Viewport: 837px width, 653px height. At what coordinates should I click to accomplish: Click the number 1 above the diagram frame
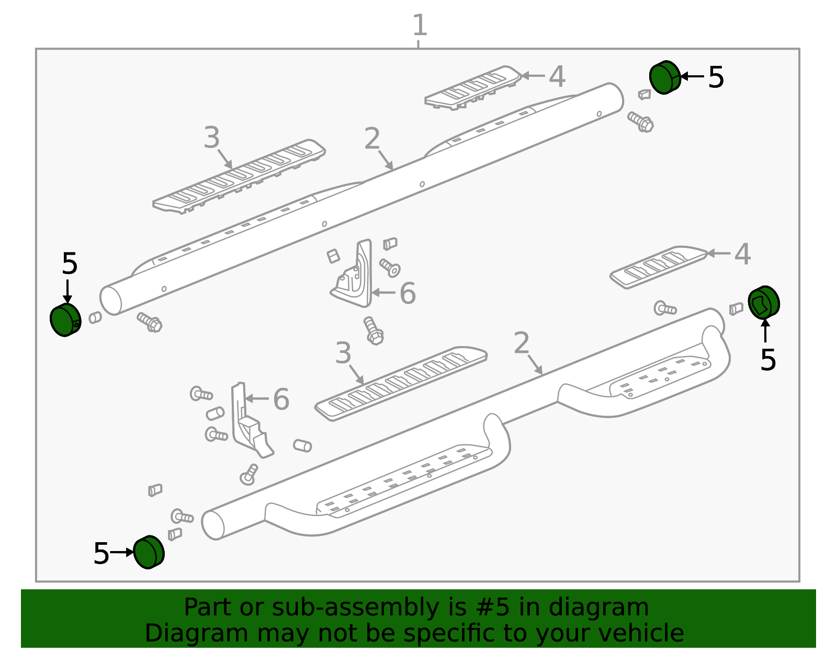click(420, 25)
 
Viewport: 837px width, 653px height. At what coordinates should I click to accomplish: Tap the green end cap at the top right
click(665, 77)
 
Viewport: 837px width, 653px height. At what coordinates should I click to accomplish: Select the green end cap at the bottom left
click(149, 552)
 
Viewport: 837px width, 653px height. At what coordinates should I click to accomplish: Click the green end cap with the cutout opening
click(764, 302)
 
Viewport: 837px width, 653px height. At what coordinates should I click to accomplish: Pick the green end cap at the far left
click(65, 319)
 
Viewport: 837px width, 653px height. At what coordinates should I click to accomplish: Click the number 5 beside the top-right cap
click(716, 77)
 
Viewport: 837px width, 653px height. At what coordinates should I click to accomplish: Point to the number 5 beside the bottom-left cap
click(101, 553)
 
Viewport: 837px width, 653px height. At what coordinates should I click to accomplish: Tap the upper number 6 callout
click(408, 293)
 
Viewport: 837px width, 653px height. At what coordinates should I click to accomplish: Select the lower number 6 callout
click(281, 399)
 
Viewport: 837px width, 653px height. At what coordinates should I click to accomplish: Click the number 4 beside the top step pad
click(557, 76)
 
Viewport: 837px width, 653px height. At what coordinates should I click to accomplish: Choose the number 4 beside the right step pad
click(743, 254)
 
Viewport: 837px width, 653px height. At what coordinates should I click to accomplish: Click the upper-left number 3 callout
click(211, 138)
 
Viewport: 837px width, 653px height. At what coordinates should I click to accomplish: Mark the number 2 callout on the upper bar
click(372, 138)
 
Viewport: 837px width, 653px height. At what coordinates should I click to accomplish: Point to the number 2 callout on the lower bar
click(522, 342)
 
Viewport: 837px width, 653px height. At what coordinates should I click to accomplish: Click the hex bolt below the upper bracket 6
click(373, 331)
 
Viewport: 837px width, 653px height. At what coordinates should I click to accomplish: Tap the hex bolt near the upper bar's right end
click(640, 122)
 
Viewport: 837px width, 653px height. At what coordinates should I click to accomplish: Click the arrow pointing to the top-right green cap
click(692, 76)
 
